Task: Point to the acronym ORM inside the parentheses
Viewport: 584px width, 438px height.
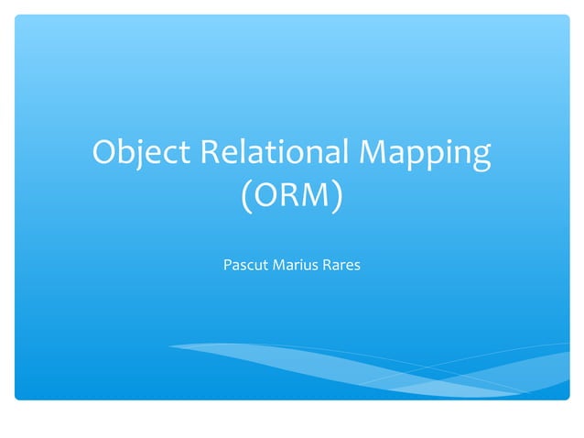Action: (x=292, y=196)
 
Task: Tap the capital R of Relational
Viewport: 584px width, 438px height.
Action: (x=212, y=153)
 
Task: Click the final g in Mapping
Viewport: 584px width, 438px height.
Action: (x=481, y=159)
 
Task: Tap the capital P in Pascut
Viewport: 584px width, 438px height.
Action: (x=228, y=267)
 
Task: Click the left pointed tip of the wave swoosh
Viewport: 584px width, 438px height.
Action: (x=168, y=345)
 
